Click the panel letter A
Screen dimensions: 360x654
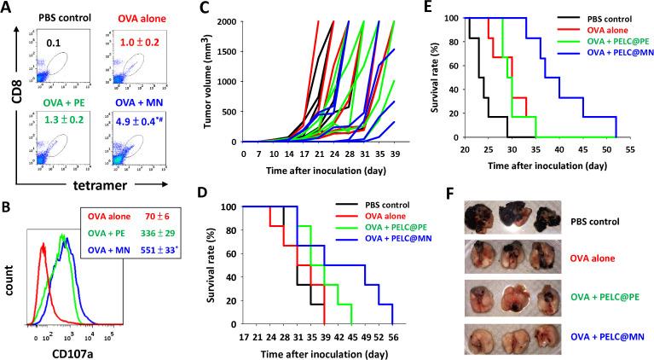9,9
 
